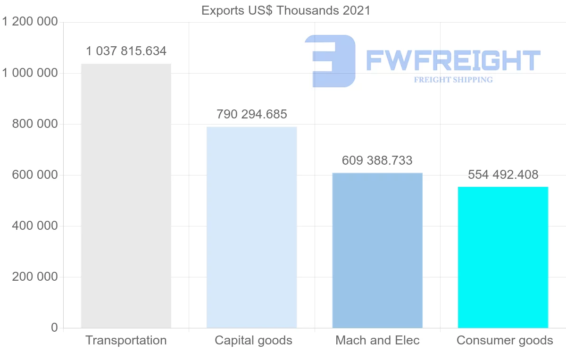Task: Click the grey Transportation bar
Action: (x=126, y=196)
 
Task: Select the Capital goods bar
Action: (x=251, y=227)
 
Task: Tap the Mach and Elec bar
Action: (x=377, y=250)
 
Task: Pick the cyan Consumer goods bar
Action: (x=503, y=257)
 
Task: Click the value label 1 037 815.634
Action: (x=126, y=51)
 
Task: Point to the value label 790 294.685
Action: (x=252, y=114)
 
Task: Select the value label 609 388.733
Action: (x=377, y=160)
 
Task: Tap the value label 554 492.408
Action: (x=503, y=175)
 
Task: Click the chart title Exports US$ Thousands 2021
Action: (x=286, y=10)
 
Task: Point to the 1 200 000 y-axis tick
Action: (x=30, y=22)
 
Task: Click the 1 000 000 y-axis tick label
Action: (x=30, y=73)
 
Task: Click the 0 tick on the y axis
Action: (x=54, y=328)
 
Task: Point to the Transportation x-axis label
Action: (x=126, y=340)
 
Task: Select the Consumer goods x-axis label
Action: (x=505, y=340)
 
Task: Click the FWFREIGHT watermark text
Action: (x=453, y=60)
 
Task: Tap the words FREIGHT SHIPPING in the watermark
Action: (x=453, y=80)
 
